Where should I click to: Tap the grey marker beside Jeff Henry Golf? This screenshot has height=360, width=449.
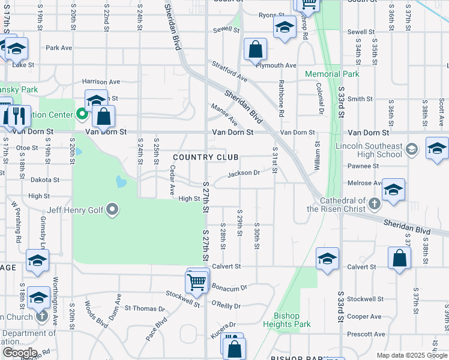[x=112, y=211]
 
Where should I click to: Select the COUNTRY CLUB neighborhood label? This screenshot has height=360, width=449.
[x=206, y=157]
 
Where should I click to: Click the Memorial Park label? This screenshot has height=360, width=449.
[x=332, y=74]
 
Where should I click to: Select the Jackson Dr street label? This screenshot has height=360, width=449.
[x=244, y=173]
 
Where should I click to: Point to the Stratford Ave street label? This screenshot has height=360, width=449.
[x=228, y=71]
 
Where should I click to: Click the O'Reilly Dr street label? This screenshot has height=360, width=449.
[x=226, y=306]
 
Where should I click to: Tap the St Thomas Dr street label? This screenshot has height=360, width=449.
[x=145, y=308]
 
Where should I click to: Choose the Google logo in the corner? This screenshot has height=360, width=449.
[x=19, y=353]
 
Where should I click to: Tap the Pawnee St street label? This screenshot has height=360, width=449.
[x=361, y=166]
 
